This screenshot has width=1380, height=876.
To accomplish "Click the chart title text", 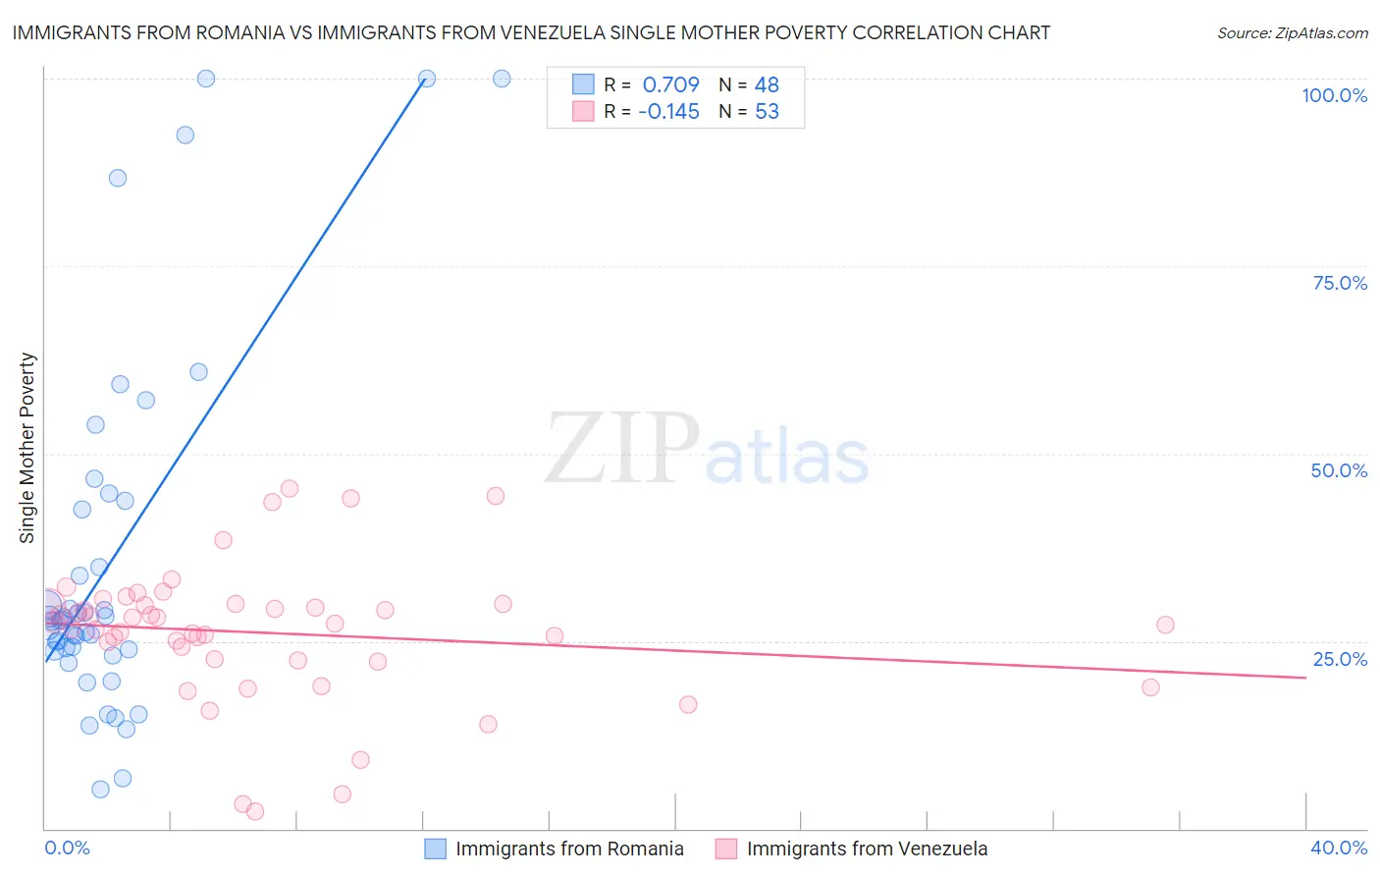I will [x=531, y=33].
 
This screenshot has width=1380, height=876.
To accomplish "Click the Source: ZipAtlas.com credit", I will [x=1292, y=33].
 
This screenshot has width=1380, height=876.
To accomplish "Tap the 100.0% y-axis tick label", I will [x=1334, y=95].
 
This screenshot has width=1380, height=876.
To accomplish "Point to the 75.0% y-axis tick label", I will [x=1340, y=283].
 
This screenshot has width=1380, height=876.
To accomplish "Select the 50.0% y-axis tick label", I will [x=1339, y=470].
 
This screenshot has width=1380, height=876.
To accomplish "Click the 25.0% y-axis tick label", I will [x=1340, y=659].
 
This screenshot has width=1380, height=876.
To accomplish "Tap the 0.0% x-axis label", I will [x=67, y=848].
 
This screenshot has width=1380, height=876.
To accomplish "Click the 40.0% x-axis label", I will [x=1339, y=848].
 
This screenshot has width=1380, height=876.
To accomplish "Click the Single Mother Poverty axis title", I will [x=27, y=448].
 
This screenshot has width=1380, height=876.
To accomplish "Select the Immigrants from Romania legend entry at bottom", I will [x=569, y=849].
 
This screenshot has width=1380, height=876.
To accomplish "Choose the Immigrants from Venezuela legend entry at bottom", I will [x=867, y=849].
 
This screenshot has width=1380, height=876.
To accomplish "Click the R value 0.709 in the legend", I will [x=670, y=85].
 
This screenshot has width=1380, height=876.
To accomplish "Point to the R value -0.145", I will [x=668, y=112].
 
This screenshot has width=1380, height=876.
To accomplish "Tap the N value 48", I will [x=767, y=85].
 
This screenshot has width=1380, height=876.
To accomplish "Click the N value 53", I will [x=767, y=112].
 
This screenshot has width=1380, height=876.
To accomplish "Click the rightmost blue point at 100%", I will [x=502, y=79].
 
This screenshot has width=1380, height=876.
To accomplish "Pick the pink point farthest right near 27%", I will [x=1165, y=625].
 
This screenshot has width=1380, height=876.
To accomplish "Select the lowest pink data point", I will [x=255, y=811].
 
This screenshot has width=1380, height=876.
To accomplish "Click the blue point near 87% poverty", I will [x=118, y=178].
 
